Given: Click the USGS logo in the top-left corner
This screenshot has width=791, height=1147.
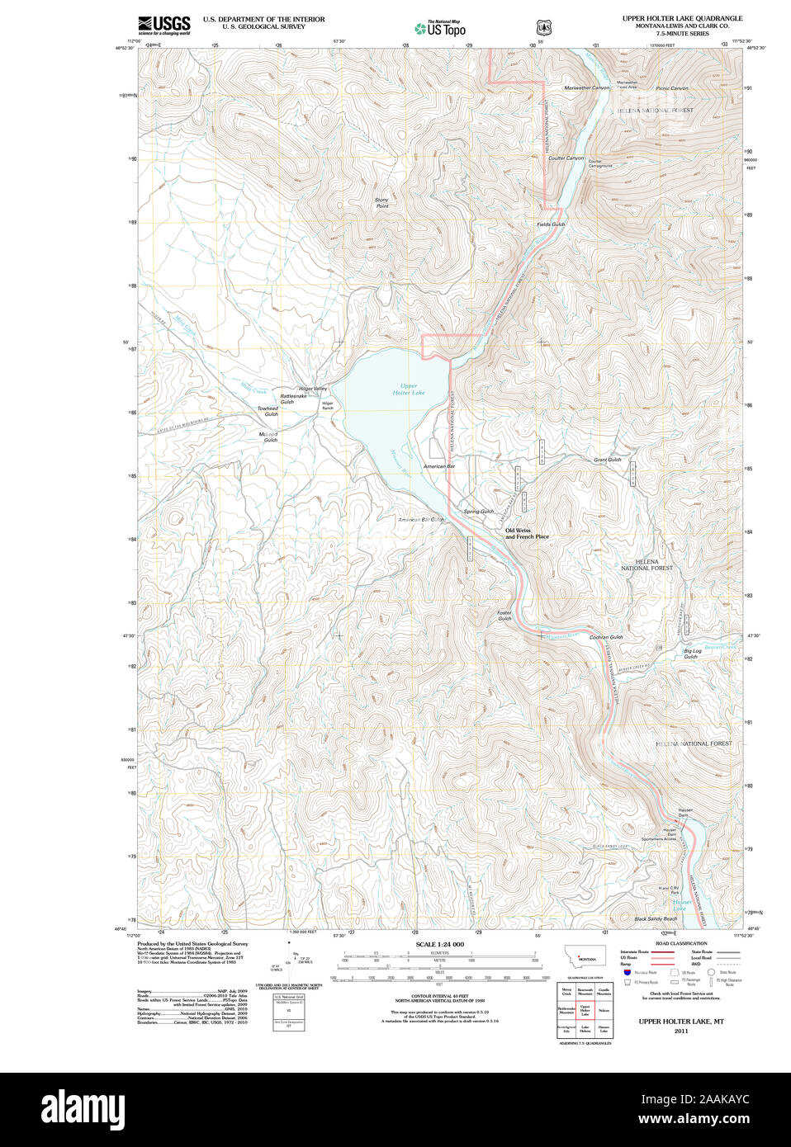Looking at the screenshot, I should coord(163,25).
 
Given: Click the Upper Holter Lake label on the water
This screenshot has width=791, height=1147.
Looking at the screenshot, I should coord(408,389).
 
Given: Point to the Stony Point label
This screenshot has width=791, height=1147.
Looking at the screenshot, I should coord(381,203).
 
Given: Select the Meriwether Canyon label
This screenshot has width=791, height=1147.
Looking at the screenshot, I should coord(586,87).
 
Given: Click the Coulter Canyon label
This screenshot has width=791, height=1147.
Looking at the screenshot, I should coord(566,158).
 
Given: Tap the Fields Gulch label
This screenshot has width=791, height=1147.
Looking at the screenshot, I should coord(551,224).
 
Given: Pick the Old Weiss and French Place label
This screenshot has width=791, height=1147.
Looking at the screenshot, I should coord(527,534).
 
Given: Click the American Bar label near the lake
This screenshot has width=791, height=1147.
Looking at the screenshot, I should coord(438,466).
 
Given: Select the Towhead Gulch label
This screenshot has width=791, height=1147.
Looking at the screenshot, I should coord(268,411).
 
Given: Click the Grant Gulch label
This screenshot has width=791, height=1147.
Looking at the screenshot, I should coord(607,460).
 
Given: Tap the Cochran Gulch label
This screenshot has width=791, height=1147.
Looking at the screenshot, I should coord(605,637).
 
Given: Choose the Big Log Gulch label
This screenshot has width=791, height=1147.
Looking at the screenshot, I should coord(692,654).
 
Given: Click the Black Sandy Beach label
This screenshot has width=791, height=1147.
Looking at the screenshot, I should coord(655,919).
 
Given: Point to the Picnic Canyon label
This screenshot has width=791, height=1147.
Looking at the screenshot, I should coord(671,88).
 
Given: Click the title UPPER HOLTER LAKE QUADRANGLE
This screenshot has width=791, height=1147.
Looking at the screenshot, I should coord(682,18).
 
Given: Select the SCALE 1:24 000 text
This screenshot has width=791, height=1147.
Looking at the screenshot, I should coord(439,944).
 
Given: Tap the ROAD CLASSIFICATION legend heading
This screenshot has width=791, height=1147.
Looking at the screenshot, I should coord(681,943).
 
